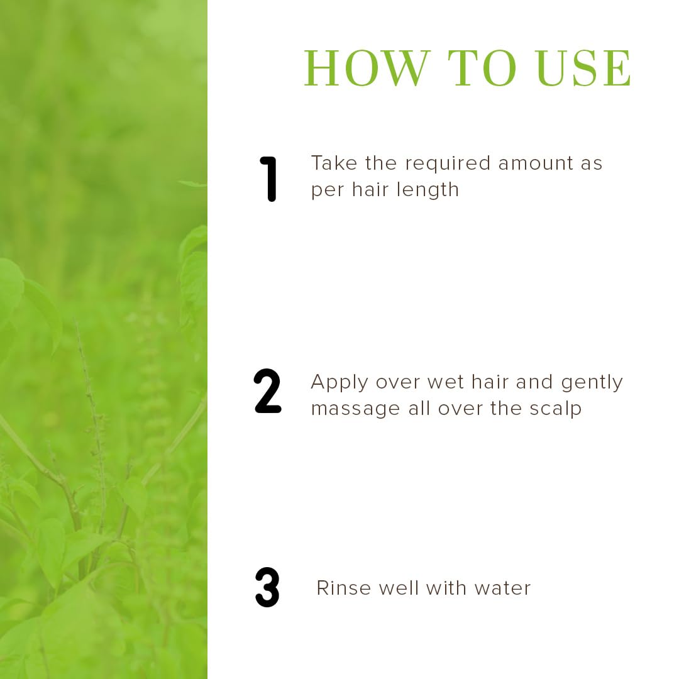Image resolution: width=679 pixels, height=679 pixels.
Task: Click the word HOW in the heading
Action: pyautogui.click(x=368, y=69)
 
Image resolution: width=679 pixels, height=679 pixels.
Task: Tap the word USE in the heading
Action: pyautogui.click(x=583, y=69)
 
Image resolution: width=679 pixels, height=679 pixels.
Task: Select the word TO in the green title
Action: pyautogui.click(x=482, y=69)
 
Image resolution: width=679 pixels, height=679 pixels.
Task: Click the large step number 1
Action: pyautogui.click(x=268, y=179)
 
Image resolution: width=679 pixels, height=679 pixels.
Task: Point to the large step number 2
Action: pyautogui.click(x=268, y=391)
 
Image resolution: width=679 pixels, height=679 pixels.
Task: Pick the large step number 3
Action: pyautogui.click(x=267, y=587)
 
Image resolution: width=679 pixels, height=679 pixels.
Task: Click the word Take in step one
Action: pyautogui.click(x=334, y=163)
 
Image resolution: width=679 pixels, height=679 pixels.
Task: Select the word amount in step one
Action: pyautogui.click(x=536, y=163)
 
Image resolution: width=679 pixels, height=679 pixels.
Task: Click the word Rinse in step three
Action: pyautogui.click(x=344, y=588)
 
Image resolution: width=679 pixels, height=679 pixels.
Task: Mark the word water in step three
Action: pyautogui.click(x=502, y=588)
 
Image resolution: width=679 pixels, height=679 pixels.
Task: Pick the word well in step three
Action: pyautogui.click(x=398, y=588)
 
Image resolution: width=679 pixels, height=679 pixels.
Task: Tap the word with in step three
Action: pyautogui.click(x=446, y=588)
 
